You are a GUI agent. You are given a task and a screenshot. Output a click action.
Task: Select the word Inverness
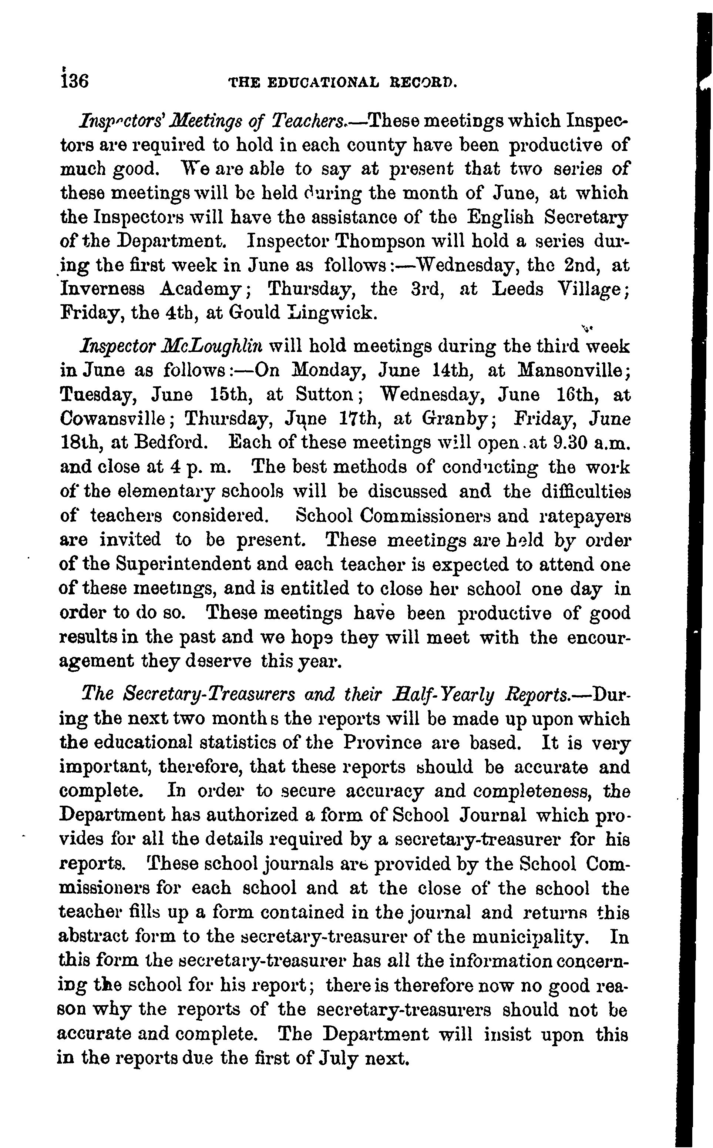(x=102, y=289)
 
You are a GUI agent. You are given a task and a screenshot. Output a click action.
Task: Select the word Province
(x=382, y=742)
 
